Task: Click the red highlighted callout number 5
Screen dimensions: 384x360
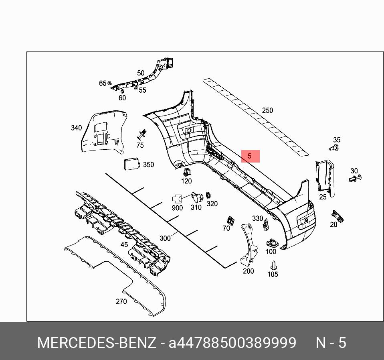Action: click(x=250, y=156)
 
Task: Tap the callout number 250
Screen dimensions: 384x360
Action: click(x=267, y=110)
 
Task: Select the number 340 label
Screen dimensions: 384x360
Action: click(x=76, y=128)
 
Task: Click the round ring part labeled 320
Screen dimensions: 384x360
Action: click(x=209, y=195)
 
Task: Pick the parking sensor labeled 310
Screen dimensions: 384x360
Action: click(x=197, y=197)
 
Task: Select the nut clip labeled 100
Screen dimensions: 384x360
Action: click(x=271, y=243)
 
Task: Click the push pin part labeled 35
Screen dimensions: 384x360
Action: click(x=333, y=148)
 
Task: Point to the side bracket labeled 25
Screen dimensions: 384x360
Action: click(x=325, y=177)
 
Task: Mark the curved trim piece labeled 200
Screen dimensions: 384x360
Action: click(x=248, y=245)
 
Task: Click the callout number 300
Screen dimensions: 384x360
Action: click(x=165, y=238)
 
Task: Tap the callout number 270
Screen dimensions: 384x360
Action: click(x=121, y=301)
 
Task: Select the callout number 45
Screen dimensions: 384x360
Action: click(x=124, y=244)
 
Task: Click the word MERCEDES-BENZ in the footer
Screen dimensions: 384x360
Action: click(x=96, y=343)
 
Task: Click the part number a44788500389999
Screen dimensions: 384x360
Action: click(x=232, y=343)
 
